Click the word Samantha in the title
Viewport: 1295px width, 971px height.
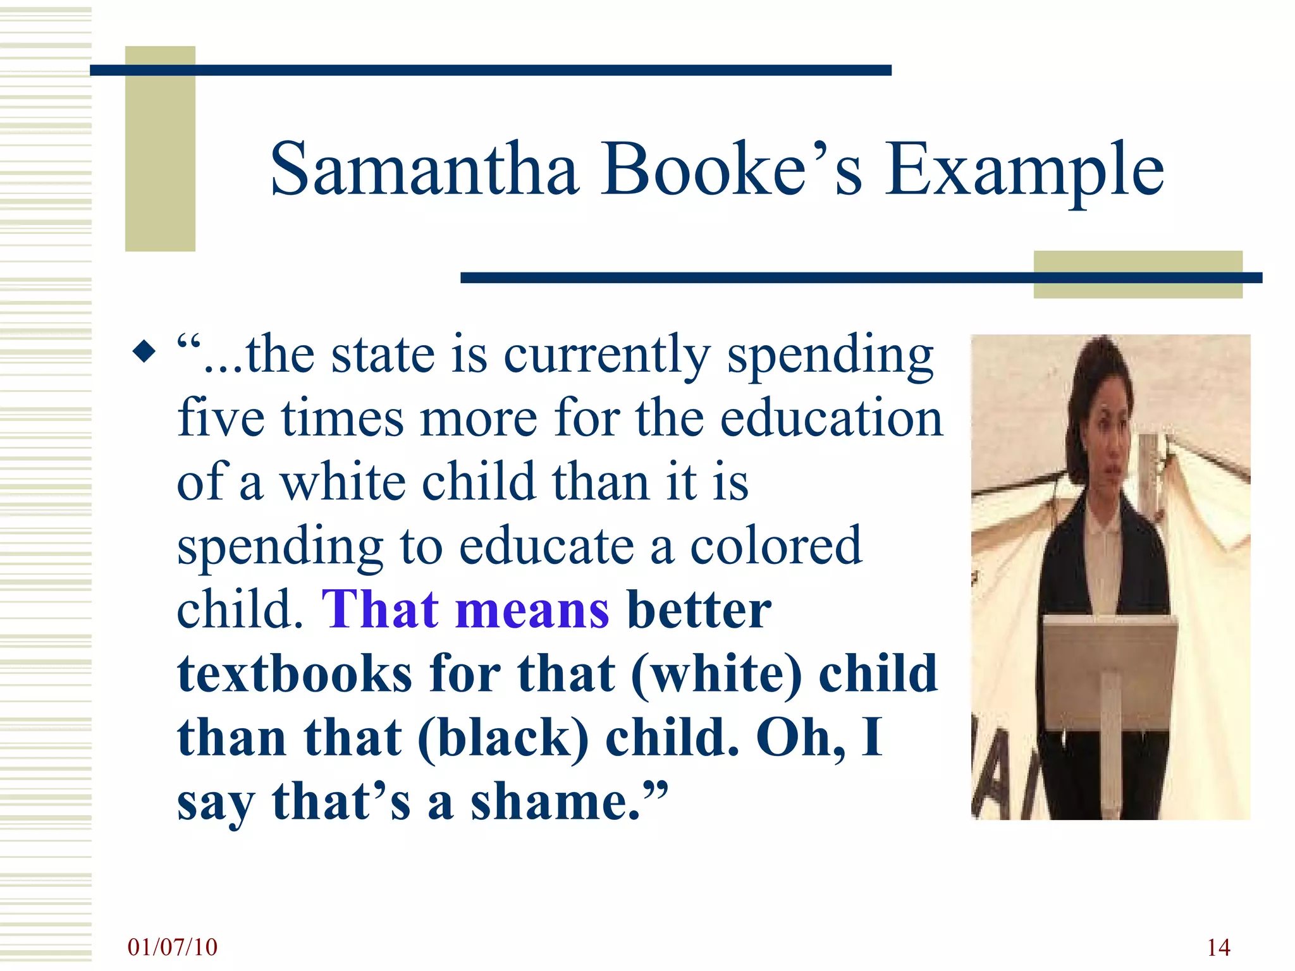[424, 169]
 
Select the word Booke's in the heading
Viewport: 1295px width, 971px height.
[731, 169]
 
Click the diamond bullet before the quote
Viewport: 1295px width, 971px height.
[144, 351]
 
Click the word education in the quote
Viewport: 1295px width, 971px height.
[832, 418]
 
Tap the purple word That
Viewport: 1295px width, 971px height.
[380, 609]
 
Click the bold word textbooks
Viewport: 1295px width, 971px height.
[295, 674]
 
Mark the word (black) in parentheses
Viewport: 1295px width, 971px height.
[503, 738]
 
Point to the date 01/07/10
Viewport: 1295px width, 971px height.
[173, 947]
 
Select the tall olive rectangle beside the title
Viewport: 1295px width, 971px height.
[160, 149]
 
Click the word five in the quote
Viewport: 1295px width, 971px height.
[221, 418]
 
